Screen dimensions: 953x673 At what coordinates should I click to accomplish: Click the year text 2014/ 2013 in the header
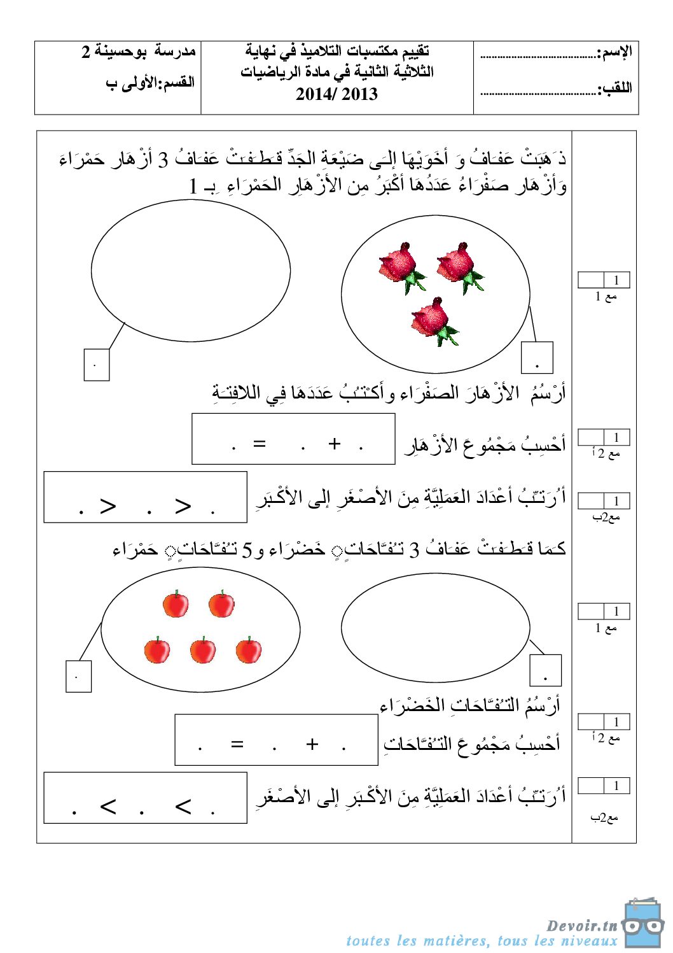[x=336, y=94]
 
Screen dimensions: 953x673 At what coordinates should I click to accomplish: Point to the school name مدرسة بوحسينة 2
[x=139, y=51]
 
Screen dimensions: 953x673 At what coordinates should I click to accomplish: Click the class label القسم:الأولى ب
[x=150, y=83]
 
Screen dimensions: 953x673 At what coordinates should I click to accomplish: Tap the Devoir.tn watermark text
[x=581, y=926]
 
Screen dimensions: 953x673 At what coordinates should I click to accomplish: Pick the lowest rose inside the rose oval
[x=434, y=321]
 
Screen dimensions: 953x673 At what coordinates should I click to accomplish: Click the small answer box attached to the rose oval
[x=537, y=357]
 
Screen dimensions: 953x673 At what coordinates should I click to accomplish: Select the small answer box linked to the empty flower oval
[x=97, y=364]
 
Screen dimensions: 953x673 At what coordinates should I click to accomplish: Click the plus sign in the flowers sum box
[x=335, y=444]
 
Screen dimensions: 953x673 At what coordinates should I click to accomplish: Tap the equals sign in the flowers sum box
[x=259, y=444]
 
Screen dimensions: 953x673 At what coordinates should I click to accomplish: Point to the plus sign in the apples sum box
[x=312, y=744]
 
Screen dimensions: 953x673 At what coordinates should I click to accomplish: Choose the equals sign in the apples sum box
[x=237, y=744]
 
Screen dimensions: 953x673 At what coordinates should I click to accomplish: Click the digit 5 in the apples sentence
[x=247, y=549]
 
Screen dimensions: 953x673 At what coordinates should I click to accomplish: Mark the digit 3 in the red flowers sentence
[x=163, y=159]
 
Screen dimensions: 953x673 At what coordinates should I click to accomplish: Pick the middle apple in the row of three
[x=203, y=650]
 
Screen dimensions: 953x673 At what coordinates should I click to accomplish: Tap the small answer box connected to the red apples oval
[x=79, y=676]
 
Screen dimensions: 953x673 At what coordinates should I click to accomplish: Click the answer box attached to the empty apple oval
[x=546, y=670]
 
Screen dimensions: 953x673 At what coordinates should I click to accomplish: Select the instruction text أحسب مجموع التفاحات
[x=471, y=743]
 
